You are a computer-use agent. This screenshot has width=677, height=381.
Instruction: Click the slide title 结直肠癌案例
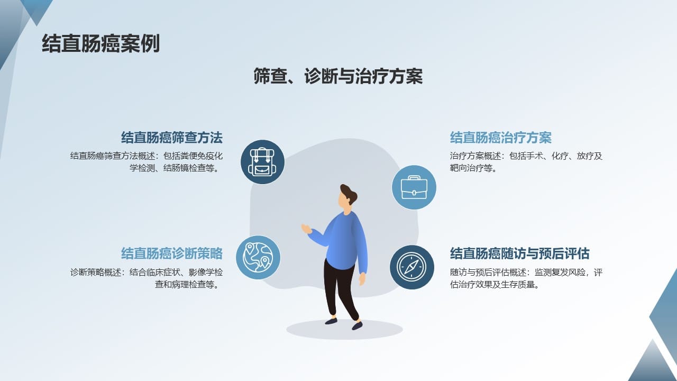100,43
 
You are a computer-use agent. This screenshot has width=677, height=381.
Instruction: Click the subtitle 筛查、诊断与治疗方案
338,76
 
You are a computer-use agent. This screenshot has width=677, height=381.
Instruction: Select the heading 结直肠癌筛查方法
172,138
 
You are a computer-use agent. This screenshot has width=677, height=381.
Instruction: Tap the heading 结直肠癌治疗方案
500,138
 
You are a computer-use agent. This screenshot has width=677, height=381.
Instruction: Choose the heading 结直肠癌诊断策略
172,253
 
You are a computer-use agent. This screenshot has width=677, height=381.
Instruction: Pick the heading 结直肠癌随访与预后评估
519,253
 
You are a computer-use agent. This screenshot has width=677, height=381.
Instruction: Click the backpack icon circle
262,162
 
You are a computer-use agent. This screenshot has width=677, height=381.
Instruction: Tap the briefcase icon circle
414,187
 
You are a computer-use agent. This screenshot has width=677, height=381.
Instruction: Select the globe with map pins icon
258,257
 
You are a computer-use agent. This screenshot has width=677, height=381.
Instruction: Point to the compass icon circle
411,267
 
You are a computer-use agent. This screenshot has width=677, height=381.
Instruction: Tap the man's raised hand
306,229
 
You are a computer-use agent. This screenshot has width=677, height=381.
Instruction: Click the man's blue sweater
344,242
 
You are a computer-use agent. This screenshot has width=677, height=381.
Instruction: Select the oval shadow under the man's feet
344,329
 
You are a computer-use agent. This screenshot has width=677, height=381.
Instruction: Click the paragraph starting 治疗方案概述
526,162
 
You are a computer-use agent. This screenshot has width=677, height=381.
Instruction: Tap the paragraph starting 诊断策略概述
147,278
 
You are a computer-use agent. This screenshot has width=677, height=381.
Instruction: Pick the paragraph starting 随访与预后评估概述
526,278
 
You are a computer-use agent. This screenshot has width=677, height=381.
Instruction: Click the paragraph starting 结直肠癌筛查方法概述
147,162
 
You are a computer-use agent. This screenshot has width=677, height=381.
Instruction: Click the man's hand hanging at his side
362,279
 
